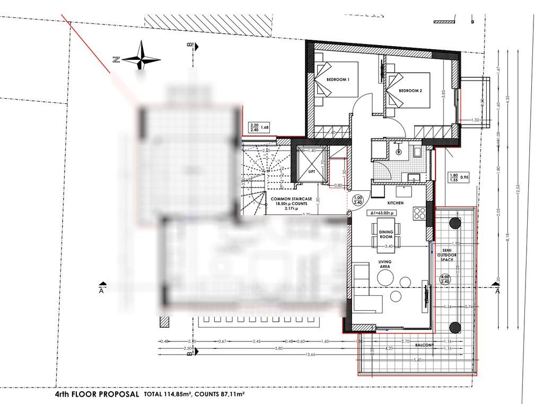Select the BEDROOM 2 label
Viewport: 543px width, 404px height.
[410, 91]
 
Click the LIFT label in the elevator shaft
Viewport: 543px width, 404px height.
[312, 171]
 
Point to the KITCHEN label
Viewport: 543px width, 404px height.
[396, 203]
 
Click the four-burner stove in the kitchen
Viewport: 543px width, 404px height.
[419, 214]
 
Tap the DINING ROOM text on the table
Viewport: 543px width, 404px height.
[386, 234]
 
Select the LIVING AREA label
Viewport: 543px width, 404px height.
[384, 265]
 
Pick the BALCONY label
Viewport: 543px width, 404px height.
[424, 345]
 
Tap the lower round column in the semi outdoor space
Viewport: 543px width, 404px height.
[454, 326]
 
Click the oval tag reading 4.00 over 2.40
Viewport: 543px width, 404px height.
[444, 279]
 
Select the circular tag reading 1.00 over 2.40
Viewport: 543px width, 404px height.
[359, 199]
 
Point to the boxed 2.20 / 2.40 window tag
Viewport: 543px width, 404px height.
[255, 128]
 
